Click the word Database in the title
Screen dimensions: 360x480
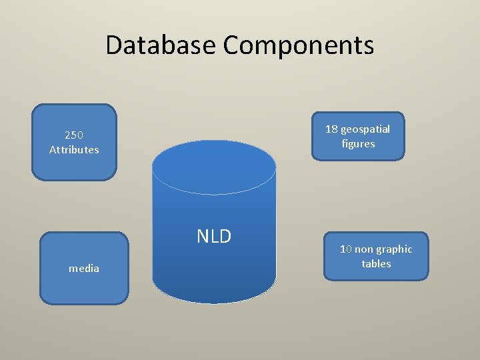(161, 45)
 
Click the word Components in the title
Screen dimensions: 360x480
(298, 45)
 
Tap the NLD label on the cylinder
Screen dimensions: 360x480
(213, 236)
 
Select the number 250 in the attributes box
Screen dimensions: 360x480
(74, 135)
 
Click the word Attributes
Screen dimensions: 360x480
(74, 150)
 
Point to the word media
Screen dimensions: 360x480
(84, 269)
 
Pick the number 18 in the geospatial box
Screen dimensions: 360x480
(331, 129)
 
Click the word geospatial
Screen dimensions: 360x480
(365, 129)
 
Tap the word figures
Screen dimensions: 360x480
(358, 144)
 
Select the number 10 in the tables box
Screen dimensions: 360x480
(346, 249)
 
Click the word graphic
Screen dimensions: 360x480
(395, 249)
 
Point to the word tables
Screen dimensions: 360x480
(376, 264)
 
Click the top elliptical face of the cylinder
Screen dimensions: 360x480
(213, 167)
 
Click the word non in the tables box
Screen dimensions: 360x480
(364, 249)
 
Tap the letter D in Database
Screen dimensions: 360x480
(113, 45)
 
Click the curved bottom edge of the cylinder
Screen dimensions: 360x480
(213, 302)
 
